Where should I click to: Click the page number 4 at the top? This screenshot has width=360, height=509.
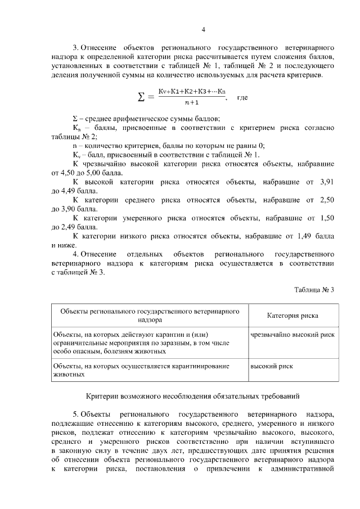[x=204, y=29]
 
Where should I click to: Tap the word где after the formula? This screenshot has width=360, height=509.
[x=242, y=97]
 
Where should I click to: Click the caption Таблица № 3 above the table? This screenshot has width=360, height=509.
[x=314, y=290]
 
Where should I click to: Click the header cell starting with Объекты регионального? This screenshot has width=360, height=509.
[x=150, y=315]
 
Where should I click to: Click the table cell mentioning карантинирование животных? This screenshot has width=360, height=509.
[x=150, y=369]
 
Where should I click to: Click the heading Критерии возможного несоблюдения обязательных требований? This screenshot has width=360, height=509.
[x=195, y=397]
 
